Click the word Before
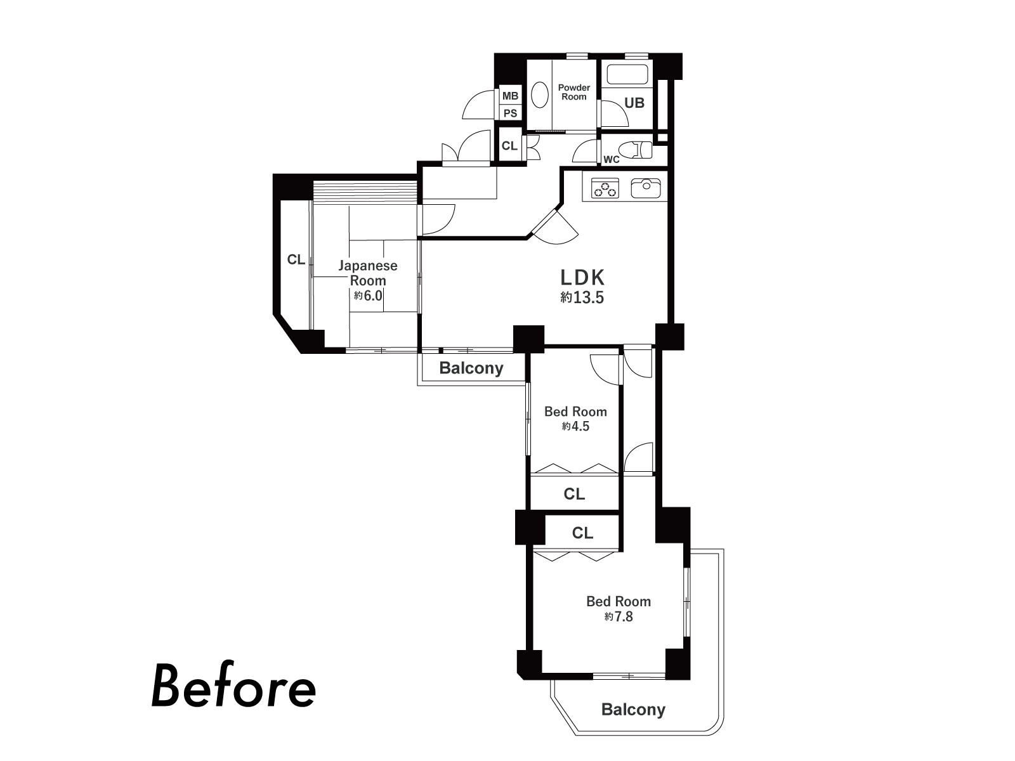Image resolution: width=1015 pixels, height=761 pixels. pyautogui.click(x=233, y=687)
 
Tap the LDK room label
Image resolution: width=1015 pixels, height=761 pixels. pyautogui.click(x=582, y=278)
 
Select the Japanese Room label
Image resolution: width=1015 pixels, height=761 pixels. pyautogui.click(x=368, y=273)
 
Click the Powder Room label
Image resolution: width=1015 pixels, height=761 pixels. pyautogui.click(x=574, y=92)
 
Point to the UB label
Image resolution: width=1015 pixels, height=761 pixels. pyautogui.click(x=634, y=103)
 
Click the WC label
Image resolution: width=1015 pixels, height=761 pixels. pyautogui.click(x=612, y=159)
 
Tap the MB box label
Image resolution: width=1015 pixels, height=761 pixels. pyautogui.click(x=511, y=96)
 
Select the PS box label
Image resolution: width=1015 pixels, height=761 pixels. pyautogui.click(x=511, y=114)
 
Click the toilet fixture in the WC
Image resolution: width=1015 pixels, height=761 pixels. pyautogui.click(x=636, y=150)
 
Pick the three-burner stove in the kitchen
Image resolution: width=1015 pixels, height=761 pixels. pyautogui.click(x=605, y=188)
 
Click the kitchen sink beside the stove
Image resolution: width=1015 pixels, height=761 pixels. pyautogui.click(x=646, y=188)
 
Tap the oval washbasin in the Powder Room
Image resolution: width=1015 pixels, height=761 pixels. pyautogui.click(x=540, y=95)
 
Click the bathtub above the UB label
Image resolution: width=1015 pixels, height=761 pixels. pyautogui.click(x=628, y=74)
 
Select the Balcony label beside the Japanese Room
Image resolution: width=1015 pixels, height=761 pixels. pyautogui.click(x=471, y=368)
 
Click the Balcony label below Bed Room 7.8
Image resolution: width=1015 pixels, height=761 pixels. pyautogui.click(x=633, y=709)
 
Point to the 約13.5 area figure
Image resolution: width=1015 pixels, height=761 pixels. pyautogui.click(x=582, y=297)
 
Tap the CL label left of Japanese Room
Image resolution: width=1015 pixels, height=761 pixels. pyautogui.click(x=296, y=259)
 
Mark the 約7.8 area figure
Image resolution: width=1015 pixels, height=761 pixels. pyautogui.click(x=619, y=616)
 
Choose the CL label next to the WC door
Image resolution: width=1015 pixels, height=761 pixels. pyautogui.click(x=509, y=146)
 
